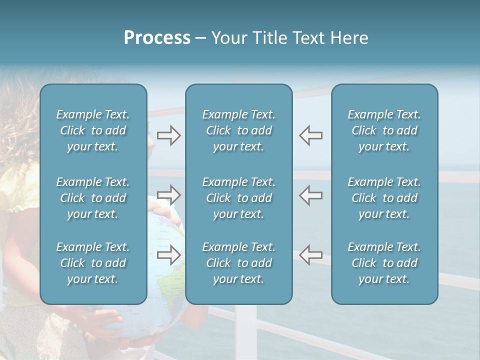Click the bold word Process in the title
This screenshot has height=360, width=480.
(x=157, y=38)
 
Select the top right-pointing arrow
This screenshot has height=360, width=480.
(x=168, y=135)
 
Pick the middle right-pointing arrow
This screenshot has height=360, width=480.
(x=168, y=195)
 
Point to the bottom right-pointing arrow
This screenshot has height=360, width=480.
(x=168, y=254)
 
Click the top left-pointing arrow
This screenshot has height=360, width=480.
(x=310, y=135)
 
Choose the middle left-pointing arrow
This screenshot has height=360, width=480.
(x=310, y=195)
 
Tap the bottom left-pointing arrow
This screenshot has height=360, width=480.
(x=310, y=254)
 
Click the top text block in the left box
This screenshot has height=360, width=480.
(x=93, y=130)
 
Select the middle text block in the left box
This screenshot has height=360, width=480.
(x=93, y=198)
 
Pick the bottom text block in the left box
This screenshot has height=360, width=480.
(x=93, y=263)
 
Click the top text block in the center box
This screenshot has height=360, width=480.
(x=238, y=130)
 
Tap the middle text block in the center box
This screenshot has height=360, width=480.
(x=238, y=198)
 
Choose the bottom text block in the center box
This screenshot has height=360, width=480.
(x=238, y=263)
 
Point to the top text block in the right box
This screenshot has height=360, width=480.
(x=384, y=130)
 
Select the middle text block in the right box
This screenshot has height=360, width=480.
(x=384, y=198)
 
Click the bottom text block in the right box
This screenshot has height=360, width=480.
(x=384, y=263)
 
